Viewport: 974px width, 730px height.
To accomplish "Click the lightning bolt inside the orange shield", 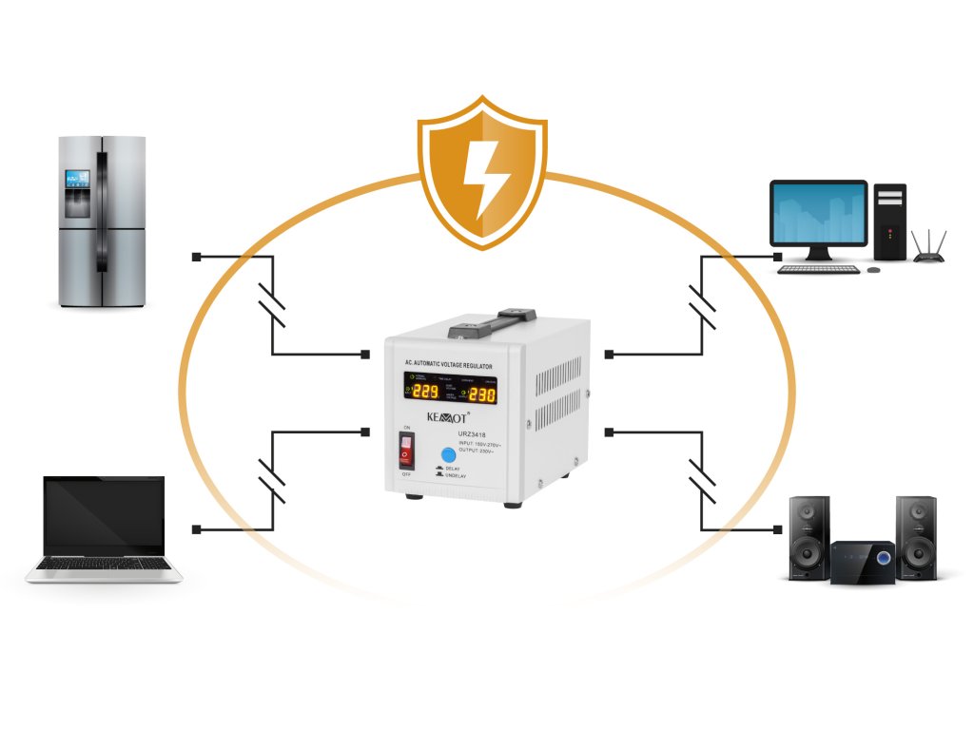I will (x=482, y=176).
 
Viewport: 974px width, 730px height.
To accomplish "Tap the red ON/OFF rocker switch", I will (x=406, y=451).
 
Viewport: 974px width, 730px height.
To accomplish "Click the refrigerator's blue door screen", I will (x=77, y=178).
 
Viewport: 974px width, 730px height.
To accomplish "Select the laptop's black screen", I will (x=104, y=513).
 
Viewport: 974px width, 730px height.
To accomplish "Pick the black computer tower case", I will (x=890, y=221).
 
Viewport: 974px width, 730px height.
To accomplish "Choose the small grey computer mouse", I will (x=873, y=269).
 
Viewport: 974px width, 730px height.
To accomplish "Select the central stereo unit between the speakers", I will (x=863, y=562).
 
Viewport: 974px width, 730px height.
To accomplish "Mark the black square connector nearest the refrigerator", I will (x=196, y=257).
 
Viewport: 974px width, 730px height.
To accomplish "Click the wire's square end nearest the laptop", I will (x=196, y=528).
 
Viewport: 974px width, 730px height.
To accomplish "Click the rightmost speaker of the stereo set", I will (x=916, y=537).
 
